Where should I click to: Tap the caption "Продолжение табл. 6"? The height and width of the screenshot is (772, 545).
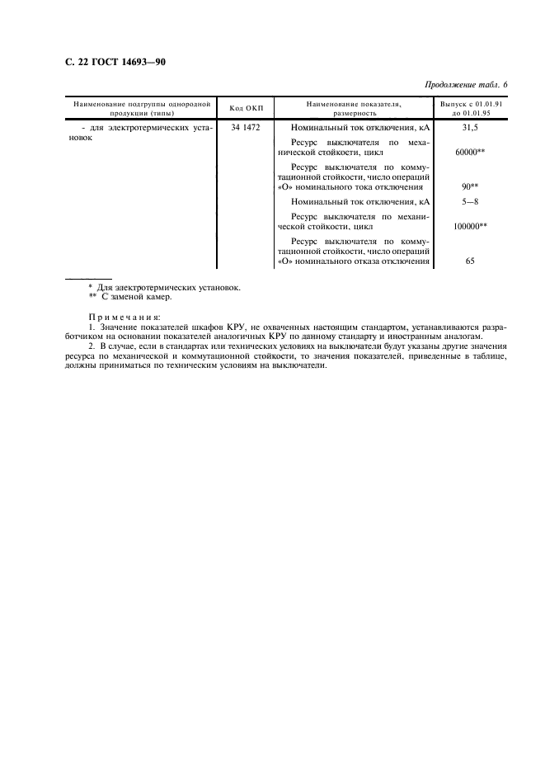point(467,86)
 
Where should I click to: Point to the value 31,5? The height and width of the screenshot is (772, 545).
point(470,129)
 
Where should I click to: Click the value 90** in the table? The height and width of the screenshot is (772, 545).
point(470,187)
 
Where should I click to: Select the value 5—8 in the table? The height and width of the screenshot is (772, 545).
point(470,201)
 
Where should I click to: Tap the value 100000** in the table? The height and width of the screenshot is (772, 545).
point(470,225)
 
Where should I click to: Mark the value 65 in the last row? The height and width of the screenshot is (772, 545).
point(470,261)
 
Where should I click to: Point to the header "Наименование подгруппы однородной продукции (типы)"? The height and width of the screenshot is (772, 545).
point(142,108)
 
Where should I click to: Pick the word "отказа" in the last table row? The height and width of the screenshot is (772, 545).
point(367,261)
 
